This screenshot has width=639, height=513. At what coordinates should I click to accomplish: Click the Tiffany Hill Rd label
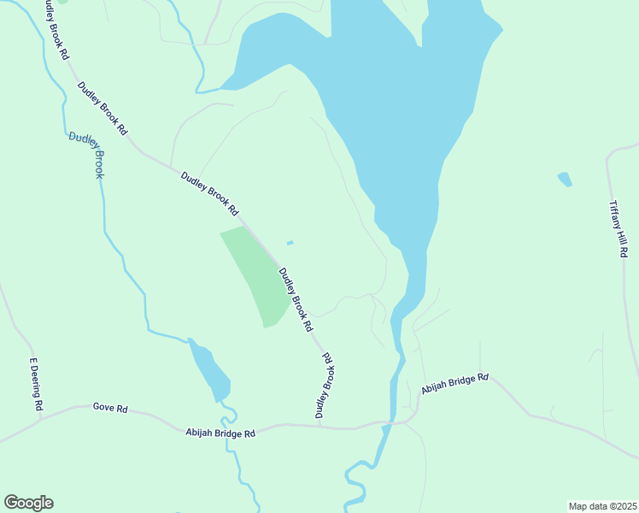(618, 230)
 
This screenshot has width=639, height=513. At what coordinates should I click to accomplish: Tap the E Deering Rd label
(35, 384)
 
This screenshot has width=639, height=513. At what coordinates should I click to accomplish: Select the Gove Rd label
(110, 409)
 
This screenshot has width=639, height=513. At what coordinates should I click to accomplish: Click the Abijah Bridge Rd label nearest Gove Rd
(220, 433)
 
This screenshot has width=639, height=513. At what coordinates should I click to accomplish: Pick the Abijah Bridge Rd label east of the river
(454, 383)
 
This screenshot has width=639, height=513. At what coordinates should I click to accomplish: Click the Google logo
(28, 503)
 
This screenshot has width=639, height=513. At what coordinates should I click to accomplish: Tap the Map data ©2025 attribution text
(603, 505)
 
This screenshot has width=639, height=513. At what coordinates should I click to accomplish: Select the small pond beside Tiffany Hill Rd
(564, 179)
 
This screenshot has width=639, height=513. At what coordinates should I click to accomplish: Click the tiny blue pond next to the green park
(290, 243)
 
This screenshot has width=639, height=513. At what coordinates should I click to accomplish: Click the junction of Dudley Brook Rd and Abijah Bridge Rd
(319, 425)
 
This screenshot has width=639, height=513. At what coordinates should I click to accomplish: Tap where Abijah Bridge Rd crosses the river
(392, 422)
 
